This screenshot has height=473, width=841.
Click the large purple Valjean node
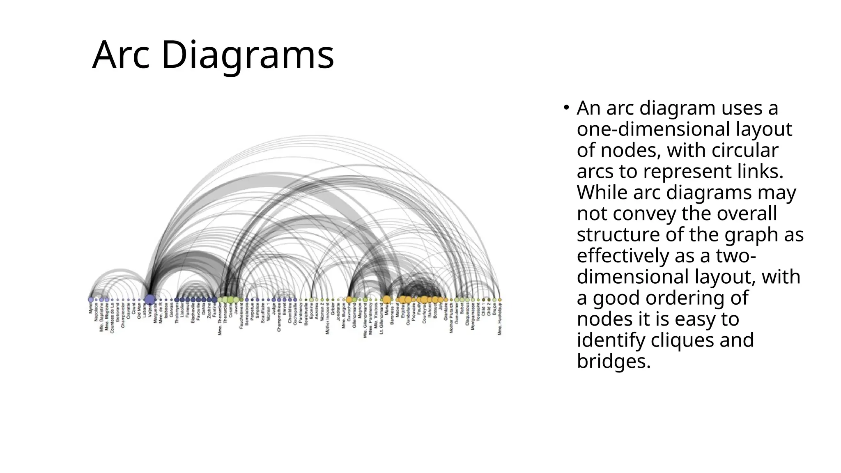click(x=150, y=299)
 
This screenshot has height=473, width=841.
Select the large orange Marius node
click(x=386, y=300)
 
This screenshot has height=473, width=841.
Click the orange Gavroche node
click(x=349, y=300)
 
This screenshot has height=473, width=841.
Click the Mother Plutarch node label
click(x=451, y=318)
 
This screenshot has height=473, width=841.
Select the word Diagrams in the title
click(x=248, y=55)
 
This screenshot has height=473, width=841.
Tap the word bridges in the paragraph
click(x=614, y=361)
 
